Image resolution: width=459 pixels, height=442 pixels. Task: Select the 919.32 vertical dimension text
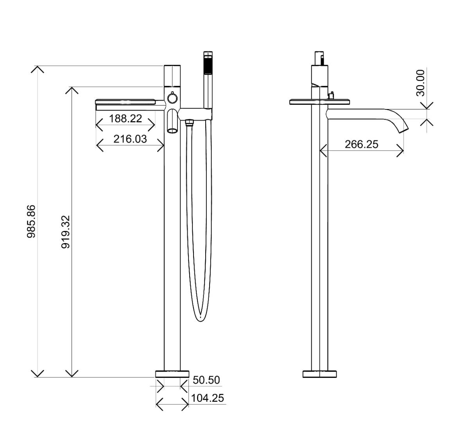[x=66, y=232]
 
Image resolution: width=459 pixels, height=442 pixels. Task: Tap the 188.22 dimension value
[x=125, y=118]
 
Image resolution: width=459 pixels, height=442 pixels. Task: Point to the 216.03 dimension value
[x=130, y=139]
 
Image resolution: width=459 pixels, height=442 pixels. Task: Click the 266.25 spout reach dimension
[x=362, y=144]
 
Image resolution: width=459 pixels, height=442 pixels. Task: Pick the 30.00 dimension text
[x=420, y=83]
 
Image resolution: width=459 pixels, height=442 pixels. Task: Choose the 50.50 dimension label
[x=206, y=380]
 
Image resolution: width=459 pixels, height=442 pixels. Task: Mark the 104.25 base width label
[x=208, y=398]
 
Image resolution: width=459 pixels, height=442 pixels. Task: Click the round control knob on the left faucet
[x=172, y=97]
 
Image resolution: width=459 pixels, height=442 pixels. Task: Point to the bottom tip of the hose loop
[x=200, y=322]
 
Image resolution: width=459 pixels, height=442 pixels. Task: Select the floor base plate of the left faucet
[x=172, y=374]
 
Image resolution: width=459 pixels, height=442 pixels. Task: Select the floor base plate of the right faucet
[x=320, y=374]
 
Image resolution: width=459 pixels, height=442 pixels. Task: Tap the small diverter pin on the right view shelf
[x=332, y=96]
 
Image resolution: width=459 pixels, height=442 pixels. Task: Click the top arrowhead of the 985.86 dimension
[x=38, y=69]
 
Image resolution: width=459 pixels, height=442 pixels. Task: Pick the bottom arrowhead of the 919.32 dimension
[x=72, y=374]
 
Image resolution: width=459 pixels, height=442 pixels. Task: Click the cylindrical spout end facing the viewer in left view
[x=172, y=130]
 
